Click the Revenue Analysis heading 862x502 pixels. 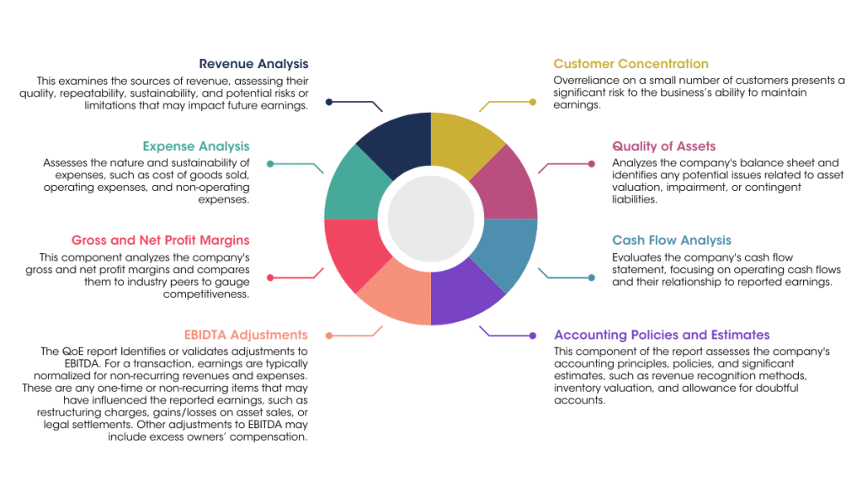253,64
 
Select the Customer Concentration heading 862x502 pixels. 631,64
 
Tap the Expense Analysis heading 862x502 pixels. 196,146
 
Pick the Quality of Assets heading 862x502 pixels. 663,146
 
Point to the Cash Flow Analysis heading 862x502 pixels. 672,240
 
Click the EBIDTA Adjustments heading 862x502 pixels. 246,335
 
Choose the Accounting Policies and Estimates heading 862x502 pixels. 662,335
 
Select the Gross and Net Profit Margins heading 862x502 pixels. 160,240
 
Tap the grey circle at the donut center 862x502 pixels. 430,219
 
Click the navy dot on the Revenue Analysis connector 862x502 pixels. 329,102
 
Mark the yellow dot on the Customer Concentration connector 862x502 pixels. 533,102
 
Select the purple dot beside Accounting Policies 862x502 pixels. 533,336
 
